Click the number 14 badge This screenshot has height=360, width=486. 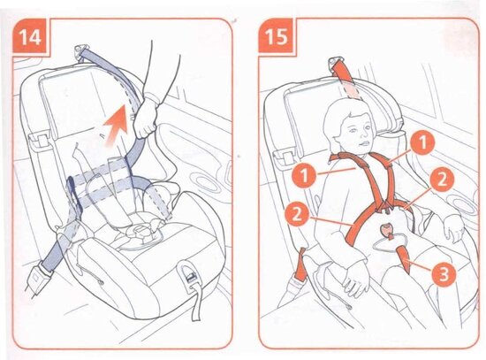pyautogui.click(x=30, y=36)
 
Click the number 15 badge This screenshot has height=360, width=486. pyautogui.click(x=276, y=36)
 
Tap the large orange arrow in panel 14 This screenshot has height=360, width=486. pyautogui.click(x=117, y=125)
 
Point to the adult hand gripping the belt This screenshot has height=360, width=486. pyautogui.click(x=146, y=117)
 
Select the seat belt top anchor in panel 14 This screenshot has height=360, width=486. pyautogui.click(x=81, y=50)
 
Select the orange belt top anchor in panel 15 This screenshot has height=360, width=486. pyautogui.click(x=335, y=62)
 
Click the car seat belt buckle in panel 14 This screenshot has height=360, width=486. pyautogui.click(x=36, y=280)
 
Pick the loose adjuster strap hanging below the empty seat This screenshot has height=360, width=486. pyautogui.click(x=196, y=302)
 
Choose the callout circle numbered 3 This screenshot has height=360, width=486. pyautogui.click(x=444, y=273)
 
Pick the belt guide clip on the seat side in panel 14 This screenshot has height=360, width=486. pyautogui.click(x=40, y=139)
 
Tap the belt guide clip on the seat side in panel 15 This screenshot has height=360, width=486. pyautogui.click(x=285, y=154)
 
